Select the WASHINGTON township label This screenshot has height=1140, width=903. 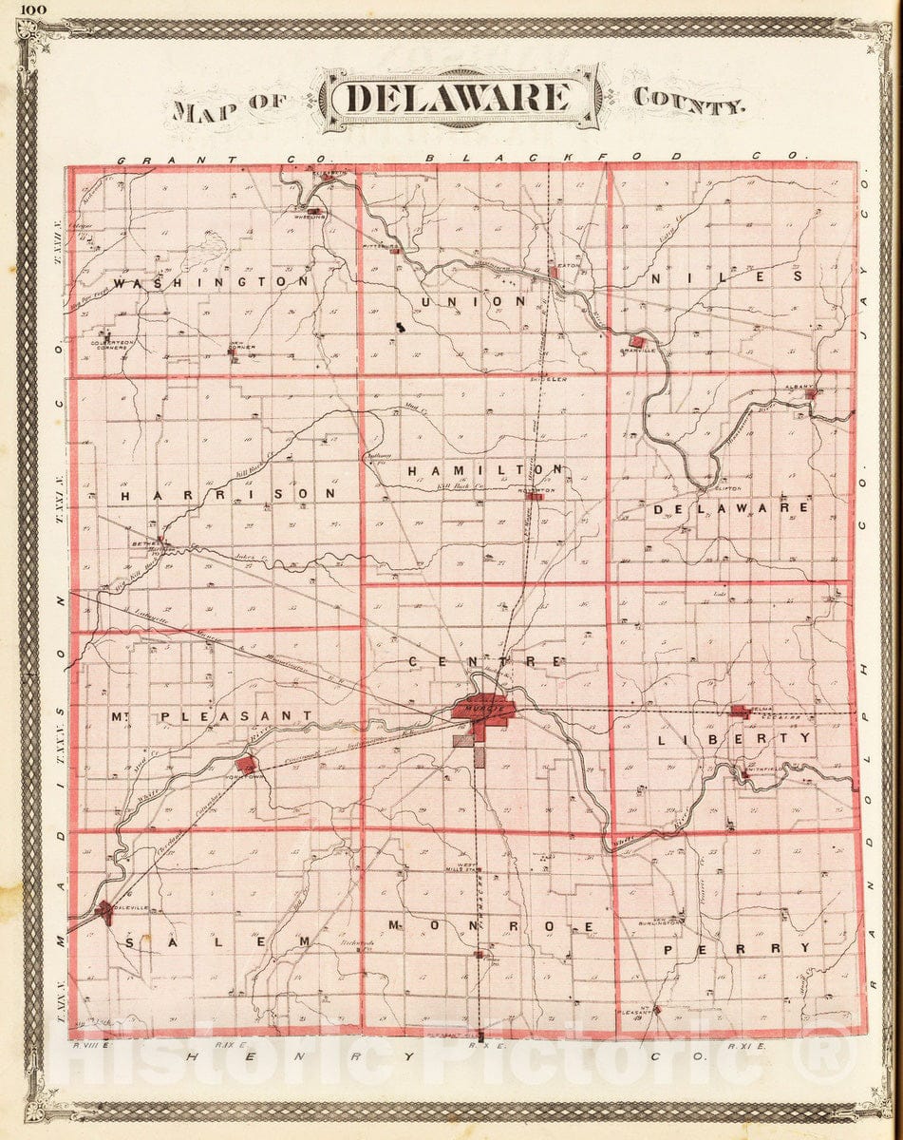point(210,282)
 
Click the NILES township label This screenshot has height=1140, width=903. point(726,276)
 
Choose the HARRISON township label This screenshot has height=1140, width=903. point(229,494)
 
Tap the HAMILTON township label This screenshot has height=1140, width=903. point(486,470)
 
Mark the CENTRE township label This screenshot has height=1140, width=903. point(486,660)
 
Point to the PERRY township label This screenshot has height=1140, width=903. point(737,948)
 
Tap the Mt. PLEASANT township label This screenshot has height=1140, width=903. point(210,715)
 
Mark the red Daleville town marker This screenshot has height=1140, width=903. point(103,910)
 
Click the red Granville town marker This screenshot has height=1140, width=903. point(638,340)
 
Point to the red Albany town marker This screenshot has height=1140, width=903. point(811,391)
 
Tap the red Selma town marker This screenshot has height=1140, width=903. point(740,711)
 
